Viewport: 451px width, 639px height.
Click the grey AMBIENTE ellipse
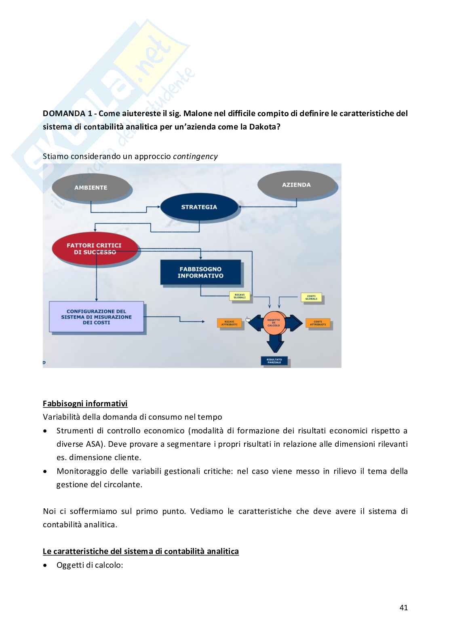(x=91, y=187)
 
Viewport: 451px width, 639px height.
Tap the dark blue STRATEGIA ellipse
(x=199, y=207)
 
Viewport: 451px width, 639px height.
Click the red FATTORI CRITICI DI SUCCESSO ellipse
(x=95, y=248)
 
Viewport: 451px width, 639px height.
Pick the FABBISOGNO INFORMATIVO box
(x=200, y=272)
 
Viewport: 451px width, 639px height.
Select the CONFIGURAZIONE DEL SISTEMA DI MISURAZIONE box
(x=96, y=317)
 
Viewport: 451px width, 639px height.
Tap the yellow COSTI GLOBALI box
(x=311, y=298)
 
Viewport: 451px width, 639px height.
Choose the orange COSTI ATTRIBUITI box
(x=318, y=323)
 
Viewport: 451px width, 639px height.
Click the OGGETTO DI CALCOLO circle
(x=273, y=323)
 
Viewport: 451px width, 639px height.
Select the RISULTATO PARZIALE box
(x=274, y=361)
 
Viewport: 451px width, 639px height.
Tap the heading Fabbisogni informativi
(x=85, y=403)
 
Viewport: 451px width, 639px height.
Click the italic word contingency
(x=195, y=156)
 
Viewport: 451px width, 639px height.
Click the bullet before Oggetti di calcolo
(x=46, y=565)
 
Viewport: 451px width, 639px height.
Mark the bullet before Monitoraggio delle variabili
(x=46, y=471)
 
